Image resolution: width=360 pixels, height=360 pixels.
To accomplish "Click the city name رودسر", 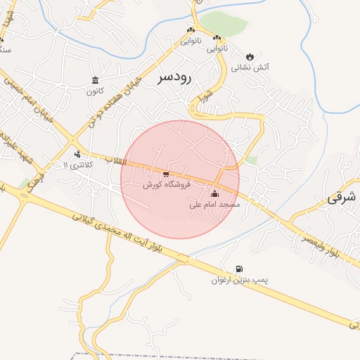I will (175, 77).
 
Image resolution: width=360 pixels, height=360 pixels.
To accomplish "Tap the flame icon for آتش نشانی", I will (250, 56).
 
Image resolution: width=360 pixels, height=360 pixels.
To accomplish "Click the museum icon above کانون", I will (95, 79).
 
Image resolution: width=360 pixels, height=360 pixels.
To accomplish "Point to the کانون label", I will (95, 91).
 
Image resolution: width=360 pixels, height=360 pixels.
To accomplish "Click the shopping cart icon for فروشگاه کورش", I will (166, 174).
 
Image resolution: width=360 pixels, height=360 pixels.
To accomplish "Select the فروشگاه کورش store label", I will (164, 185).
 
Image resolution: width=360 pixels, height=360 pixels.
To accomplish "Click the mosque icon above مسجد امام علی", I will (214, 193).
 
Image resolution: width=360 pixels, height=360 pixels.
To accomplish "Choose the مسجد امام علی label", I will (215, 205).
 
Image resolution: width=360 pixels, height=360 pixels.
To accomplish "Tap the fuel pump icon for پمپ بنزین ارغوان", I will (240, 268).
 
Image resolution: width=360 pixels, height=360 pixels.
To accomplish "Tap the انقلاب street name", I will (115, 161).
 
